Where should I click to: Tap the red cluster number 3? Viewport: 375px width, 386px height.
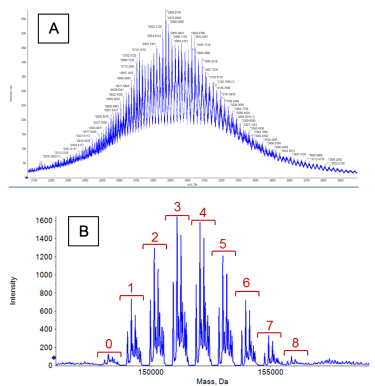pyautogui.click(x=177, y=206)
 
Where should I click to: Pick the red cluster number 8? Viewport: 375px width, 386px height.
pyautogui.click(x=295, y=342)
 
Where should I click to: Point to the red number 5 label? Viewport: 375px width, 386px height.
pyautogui.click(x=223, y=243)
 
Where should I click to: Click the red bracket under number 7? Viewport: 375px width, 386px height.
pyautogui.click(x=269, y=334)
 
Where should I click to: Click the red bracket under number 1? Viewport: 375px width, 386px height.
pyautogui.click(x=131, y=297)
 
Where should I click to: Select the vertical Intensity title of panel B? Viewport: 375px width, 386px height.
pyautogui.click(x=18, y=292)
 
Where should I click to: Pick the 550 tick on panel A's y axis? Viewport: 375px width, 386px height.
pyautogui.click(x=23, y=18)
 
